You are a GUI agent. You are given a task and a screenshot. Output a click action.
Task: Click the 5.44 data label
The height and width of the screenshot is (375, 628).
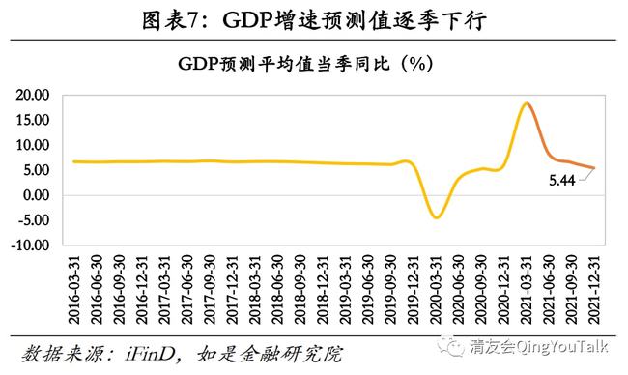point(562,181)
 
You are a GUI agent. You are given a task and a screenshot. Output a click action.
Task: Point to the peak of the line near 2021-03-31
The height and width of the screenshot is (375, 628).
point(527,103)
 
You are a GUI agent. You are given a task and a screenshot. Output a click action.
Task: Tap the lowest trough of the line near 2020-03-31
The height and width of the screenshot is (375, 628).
point(437,218)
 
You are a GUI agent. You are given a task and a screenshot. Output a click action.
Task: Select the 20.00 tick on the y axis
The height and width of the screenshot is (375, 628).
point(33,95)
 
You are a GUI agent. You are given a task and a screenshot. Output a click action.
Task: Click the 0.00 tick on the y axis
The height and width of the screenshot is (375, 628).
point(36,195)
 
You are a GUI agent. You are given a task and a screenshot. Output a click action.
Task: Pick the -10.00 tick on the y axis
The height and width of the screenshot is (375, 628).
point(30,245)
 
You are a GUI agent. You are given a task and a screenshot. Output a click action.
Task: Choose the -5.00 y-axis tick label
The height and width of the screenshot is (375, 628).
point(33,220)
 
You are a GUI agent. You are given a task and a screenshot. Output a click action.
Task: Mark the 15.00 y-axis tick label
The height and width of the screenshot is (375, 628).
point(33,120)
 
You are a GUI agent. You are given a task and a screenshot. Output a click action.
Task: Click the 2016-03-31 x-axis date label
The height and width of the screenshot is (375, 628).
point(74,290)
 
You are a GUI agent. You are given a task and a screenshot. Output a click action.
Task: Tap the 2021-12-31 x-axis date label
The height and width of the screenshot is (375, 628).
point(594,290)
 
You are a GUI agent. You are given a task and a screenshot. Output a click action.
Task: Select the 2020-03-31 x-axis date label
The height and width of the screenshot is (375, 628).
point(436,290)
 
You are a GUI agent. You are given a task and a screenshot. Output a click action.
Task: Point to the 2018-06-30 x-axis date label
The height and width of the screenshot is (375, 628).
point(278,290)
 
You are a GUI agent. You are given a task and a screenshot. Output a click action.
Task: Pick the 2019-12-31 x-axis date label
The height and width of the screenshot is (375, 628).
point(414,290)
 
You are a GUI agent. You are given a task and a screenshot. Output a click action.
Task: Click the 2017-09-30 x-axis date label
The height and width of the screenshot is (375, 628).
point(211,290)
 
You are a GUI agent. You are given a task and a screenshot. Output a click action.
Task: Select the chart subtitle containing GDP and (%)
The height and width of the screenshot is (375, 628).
point(305,64)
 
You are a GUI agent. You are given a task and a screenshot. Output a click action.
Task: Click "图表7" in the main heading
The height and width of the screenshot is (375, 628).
point(169,20)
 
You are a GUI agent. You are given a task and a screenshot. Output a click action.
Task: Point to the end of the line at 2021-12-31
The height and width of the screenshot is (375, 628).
point(594,168)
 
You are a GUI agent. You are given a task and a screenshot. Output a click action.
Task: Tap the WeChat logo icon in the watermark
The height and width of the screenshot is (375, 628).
point(450,346)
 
